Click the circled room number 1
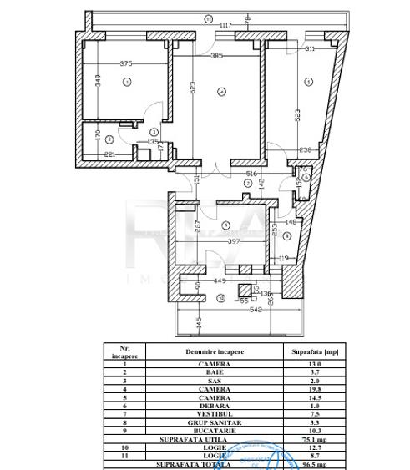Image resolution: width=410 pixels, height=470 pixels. (127, 82)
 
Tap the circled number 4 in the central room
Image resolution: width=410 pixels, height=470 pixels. (221, 92)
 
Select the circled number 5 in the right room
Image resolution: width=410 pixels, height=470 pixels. (308, 82)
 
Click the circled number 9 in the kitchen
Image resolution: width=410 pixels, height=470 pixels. (225, 225)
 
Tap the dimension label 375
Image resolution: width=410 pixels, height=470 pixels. (126, 63)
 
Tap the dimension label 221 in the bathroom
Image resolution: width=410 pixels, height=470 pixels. (109, 154)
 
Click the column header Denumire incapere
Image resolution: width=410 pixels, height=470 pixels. (215, 351)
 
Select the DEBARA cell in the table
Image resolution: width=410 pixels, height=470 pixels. (215, 404)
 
